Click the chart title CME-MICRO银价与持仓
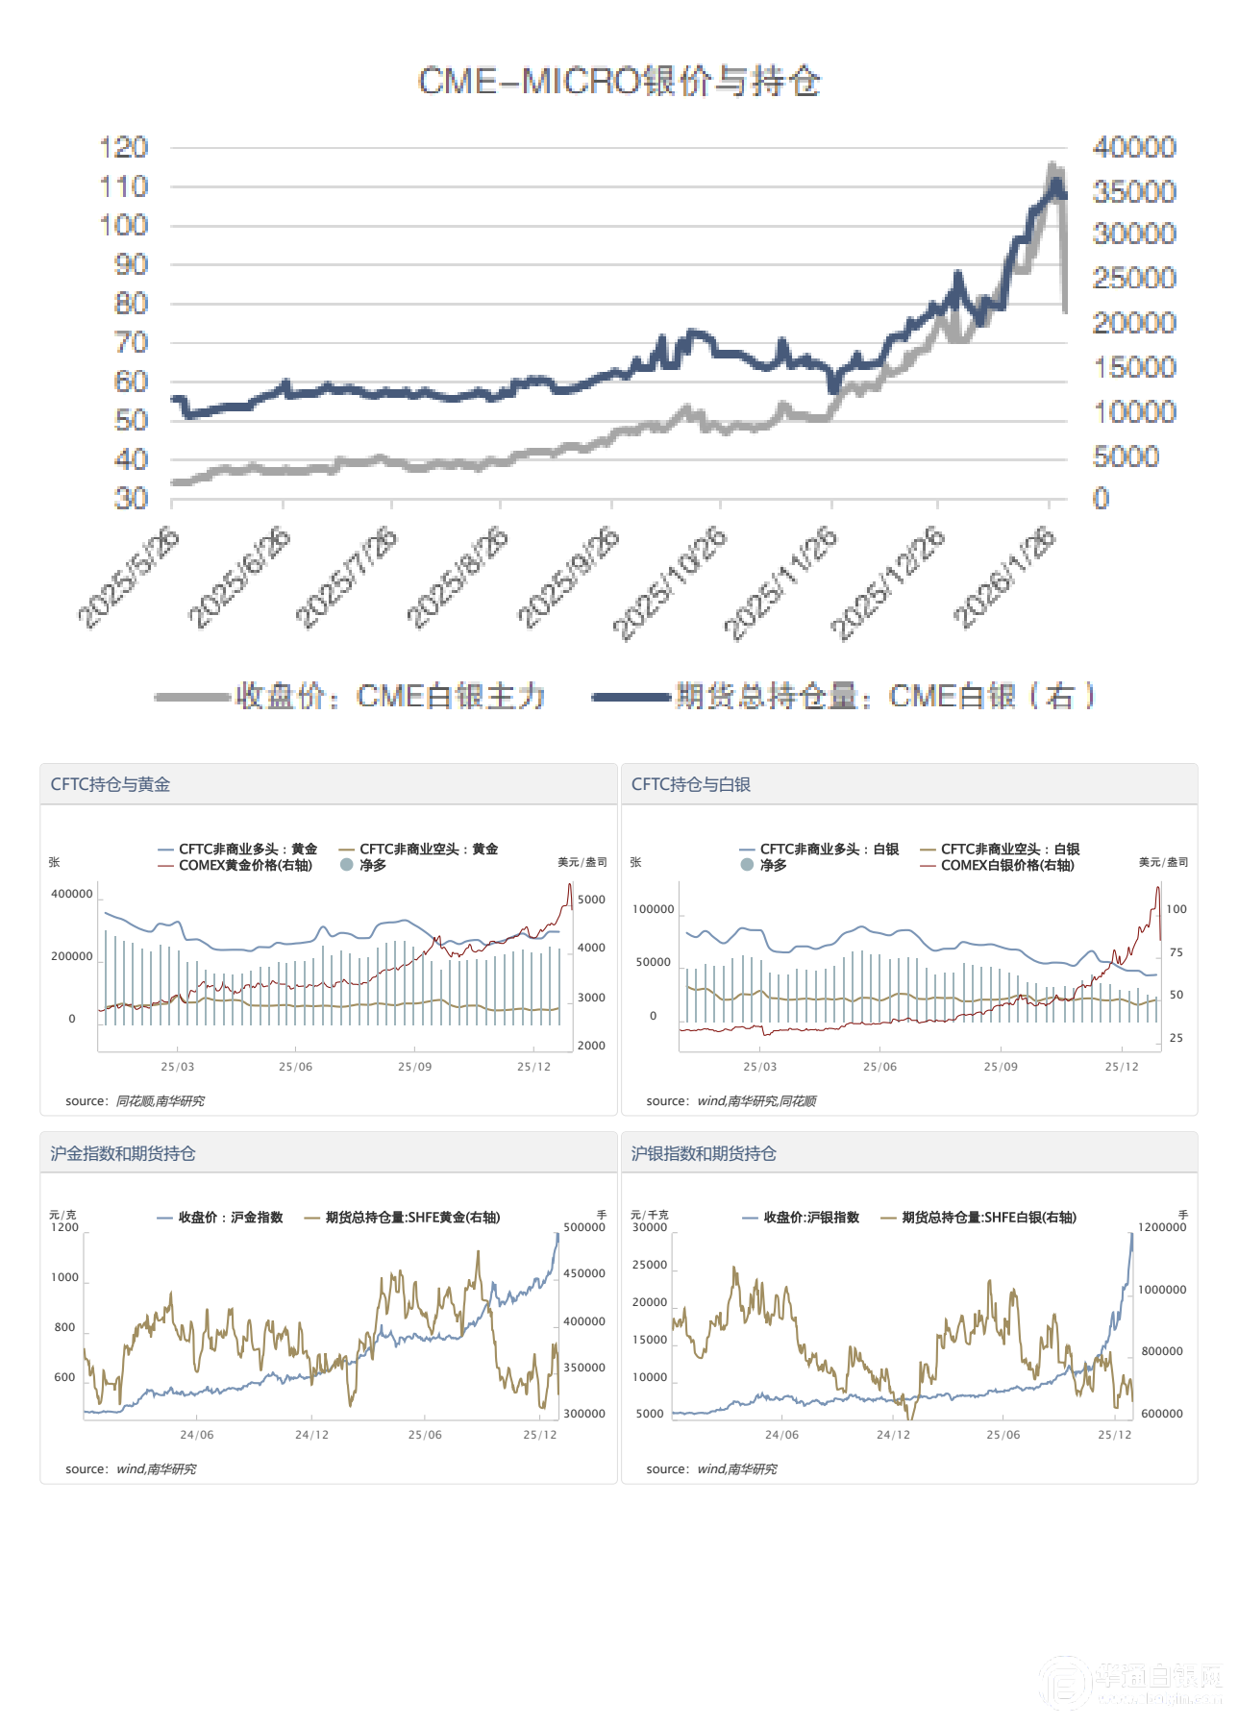619,82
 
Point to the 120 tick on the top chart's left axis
124,147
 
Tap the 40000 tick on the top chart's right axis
1134,147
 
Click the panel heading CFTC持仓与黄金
111,784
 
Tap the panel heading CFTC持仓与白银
691,784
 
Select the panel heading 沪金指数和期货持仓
123,1153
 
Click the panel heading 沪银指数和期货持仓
704,1153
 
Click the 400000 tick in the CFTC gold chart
72,894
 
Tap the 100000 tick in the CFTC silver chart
653,909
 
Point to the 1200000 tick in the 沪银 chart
1162,1227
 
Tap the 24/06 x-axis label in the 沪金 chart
197,1435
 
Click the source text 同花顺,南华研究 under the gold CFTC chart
160,1101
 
